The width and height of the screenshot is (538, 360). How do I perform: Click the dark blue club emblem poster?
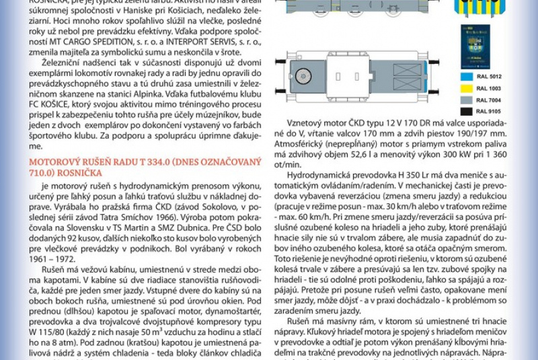[x=475, y=47]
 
